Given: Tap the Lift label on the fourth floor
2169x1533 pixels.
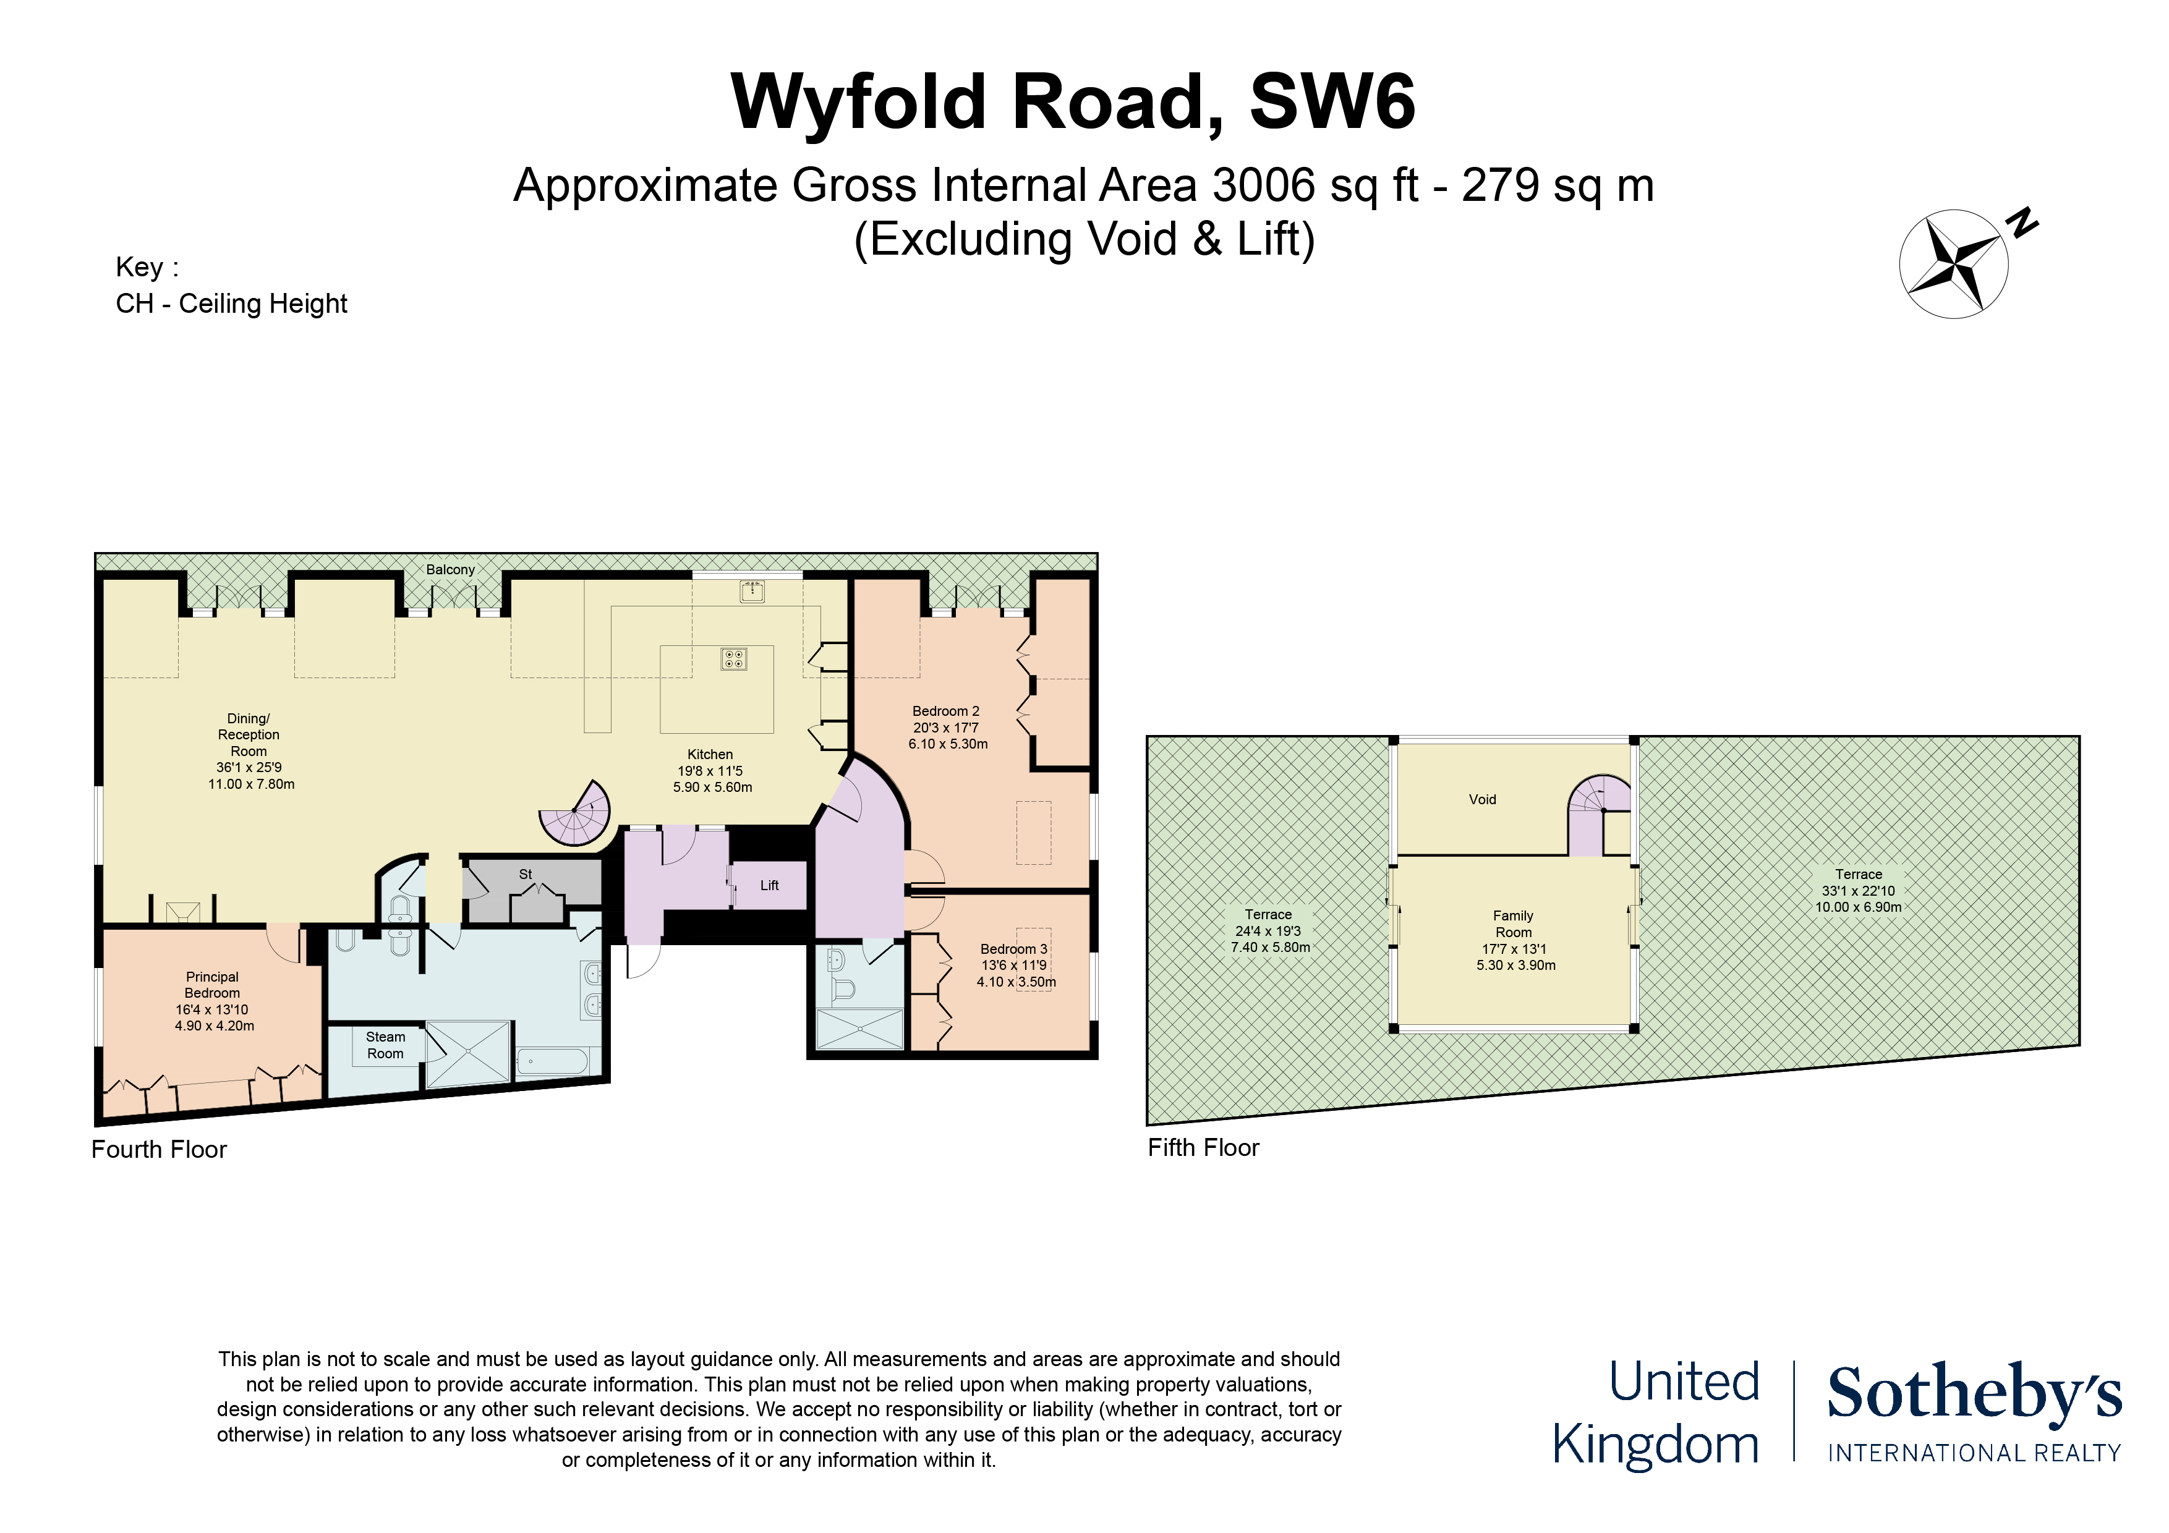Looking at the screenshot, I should tap(769, 885).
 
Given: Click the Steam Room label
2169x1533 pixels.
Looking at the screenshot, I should tap(385, 1045).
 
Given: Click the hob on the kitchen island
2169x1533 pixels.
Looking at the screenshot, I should tap(734, 658).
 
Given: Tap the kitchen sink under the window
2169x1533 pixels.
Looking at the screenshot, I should tap(752, 592).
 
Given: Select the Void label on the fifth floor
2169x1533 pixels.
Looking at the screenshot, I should tap(1482, 799).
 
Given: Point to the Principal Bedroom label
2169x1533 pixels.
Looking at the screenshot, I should tap(213, 985).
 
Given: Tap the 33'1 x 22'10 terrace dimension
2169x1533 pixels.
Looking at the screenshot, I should tap(1858, 891).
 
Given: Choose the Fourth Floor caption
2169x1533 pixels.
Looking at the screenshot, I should tap(159, 1150).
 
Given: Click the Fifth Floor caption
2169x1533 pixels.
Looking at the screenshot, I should tap(1204, 1148).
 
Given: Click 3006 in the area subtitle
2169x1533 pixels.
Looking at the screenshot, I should tap(1264, 185).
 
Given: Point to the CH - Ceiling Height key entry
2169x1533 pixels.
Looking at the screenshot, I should tap(231, 304).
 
